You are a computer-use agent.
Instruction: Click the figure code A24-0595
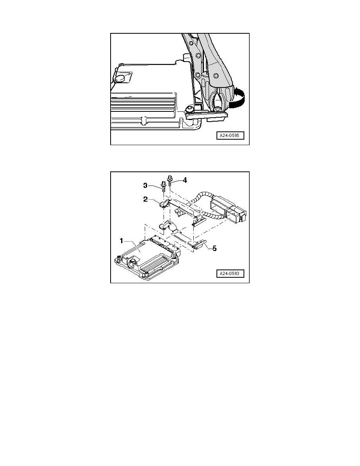229,135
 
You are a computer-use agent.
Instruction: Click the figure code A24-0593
229,273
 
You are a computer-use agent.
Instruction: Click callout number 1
121,241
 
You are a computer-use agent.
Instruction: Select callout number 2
145,199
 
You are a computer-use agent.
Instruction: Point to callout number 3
145,186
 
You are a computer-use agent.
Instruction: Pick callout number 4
185,180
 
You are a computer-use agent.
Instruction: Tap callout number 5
214,248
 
